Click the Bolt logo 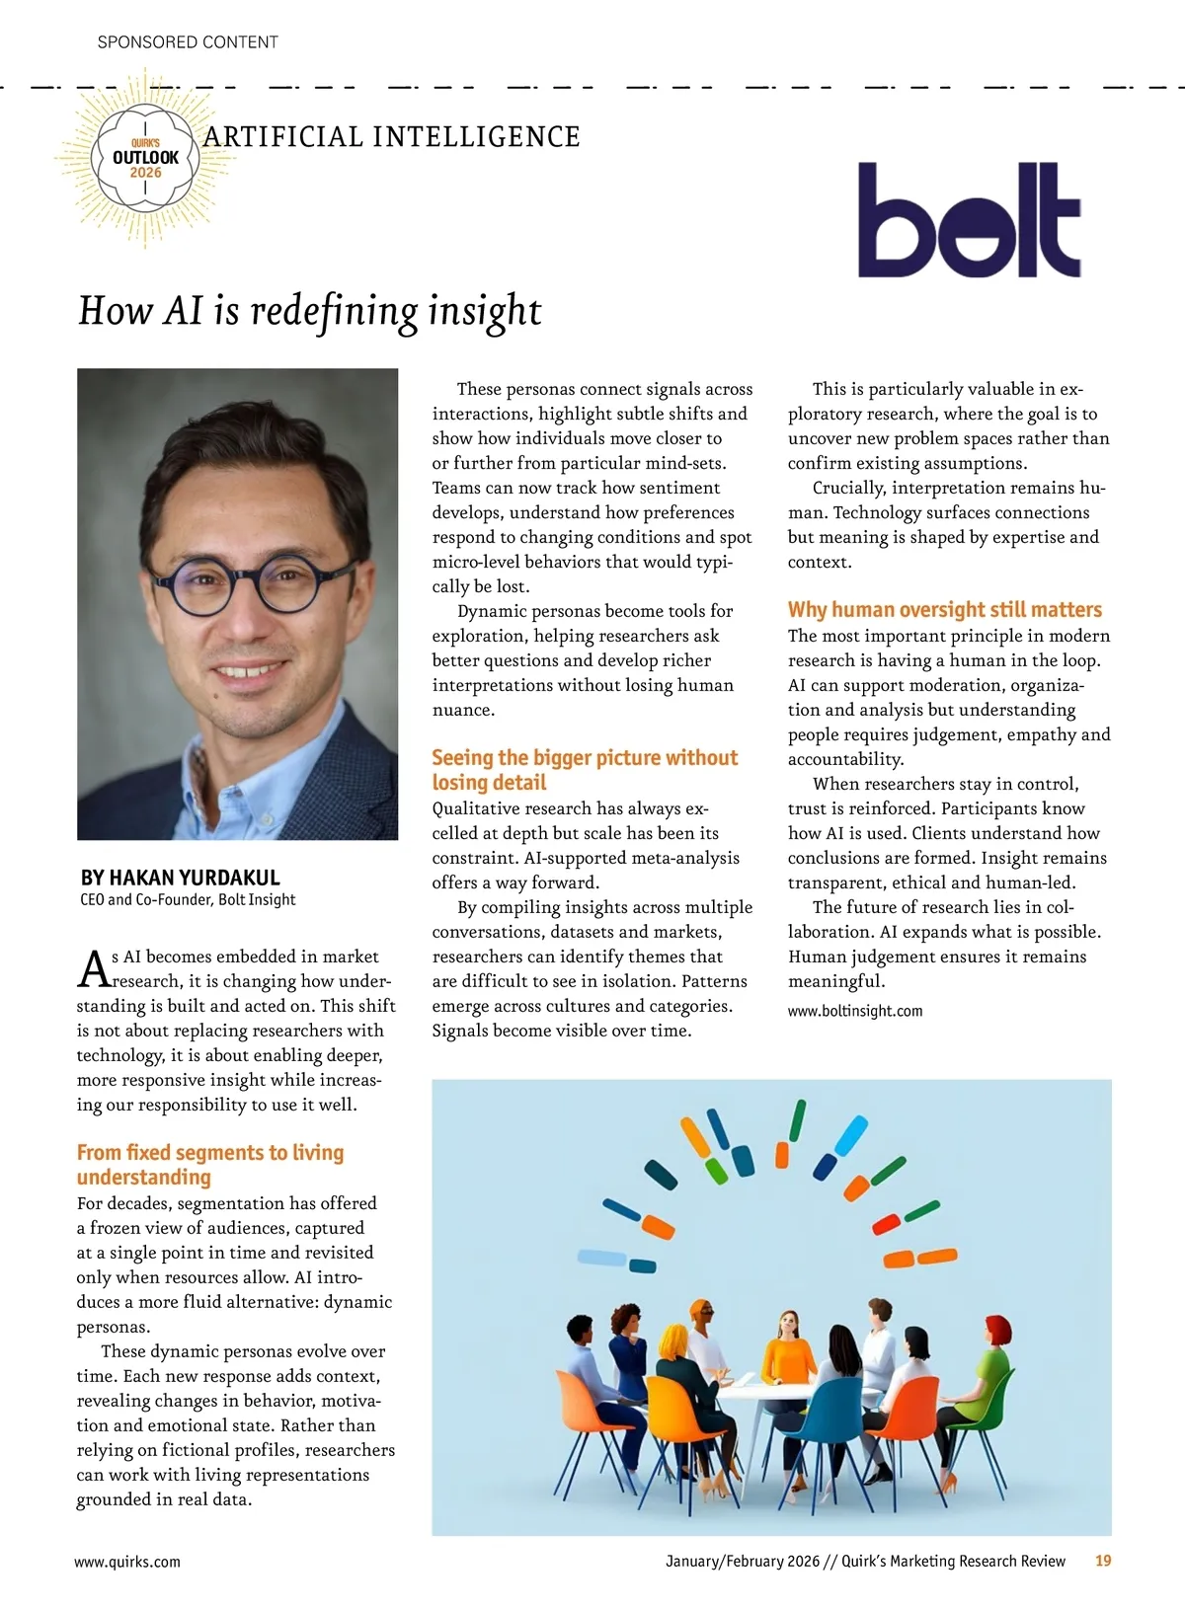[x=969, y=220]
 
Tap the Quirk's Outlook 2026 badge [x=146, y=158]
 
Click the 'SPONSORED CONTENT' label [x=188, y=42]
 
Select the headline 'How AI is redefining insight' [x=310, y=311]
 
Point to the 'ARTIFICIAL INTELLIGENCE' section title [x=392, y=137]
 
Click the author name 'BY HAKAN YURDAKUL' [x=181, y=878]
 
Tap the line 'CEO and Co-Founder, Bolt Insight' [x=188, y=900]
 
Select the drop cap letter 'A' [x=93, y=969]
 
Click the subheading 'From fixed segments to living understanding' [x=210, y=1165]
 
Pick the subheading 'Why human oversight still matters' [x=945, y=610]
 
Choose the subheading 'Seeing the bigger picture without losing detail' [x=585, y=770]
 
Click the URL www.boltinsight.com [x=855, y=1011]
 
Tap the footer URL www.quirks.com [x=127, y=1562]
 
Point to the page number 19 [x=1103, y=1561]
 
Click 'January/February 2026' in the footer [x=743, y=1561]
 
